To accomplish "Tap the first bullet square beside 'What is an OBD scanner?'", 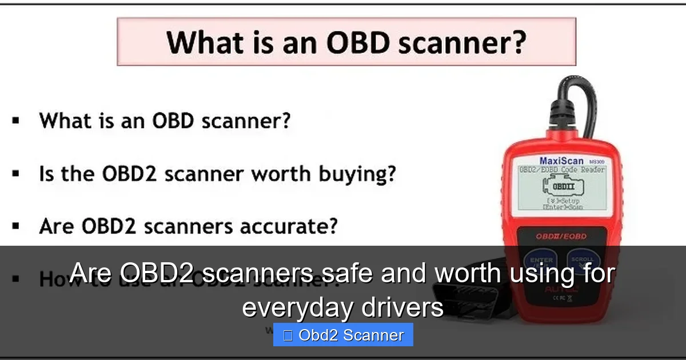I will point(15,121).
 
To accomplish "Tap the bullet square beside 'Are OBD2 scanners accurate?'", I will point(15,226).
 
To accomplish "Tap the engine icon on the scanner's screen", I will point(562,187).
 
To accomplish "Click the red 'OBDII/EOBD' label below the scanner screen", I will point(561,235).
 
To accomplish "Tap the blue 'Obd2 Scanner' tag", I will point(343,335).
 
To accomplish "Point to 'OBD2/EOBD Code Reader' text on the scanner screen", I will point(562,170).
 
